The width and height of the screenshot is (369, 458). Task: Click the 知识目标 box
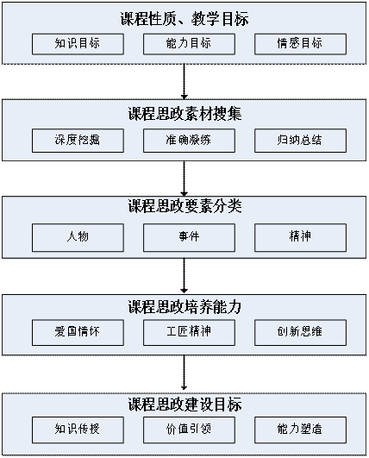coord(78,44)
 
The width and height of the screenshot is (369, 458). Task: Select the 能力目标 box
coord(189,44)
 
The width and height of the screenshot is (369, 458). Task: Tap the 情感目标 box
coord(300,44)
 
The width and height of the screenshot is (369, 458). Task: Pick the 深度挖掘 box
coord(78,141)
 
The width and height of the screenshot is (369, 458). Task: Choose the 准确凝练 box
coord(189,141)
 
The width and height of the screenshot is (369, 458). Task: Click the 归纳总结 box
coord(300,141)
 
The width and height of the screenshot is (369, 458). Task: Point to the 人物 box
coord(78,237)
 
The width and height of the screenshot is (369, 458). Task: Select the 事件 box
coord(189,237)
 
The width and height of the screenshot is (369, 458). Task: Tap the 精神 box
coord(300,237)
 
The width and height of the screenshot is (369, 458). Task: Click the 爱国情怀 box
coord(78,332)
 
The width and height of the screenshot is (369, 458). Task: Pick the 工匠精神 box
coord(189,332)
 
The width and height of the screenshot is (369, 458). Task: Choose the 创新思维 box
coord(300,332)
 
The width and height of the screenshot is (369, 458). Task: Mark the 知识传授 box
coord(78,430)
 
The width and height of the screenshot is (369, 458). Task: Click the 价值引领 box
coord(189,430)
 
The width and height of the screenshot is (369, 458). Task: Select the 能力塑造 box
coord(300,430)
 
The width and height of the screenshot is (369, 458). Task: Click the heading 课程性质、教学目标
coord(184,19)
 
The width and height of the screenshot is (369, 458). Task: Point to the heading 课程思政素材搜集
coord(184,114)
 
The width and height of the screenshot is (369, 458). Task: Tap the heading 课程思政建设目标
coord(184,405)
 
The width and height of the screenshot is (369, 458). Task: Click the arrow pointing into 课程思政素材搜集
coord(184,82)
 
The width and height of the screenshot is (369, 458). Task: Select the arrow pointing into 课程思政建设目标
coord(184,373)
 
